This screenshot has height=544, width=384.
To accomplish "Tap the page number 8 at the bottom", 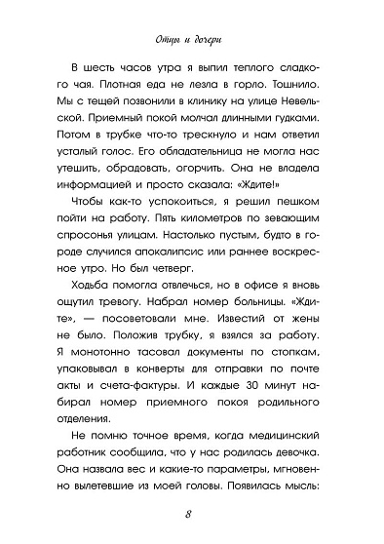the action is pos(191,515).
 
